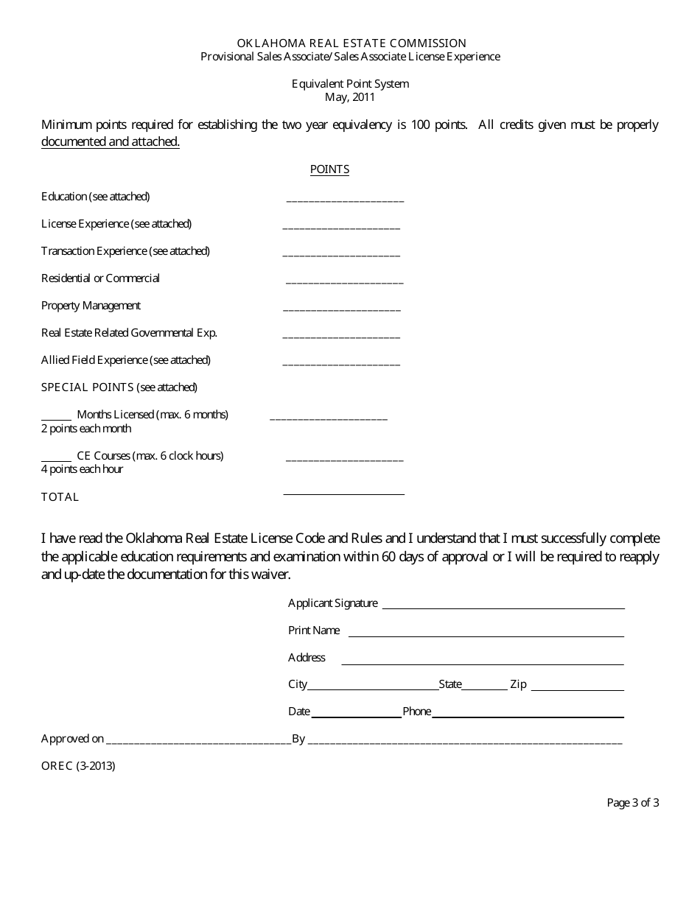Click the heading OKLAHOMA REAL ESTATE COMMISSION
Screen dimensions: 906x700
(351, 43)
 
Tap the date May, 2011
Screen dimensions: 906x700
(350, 96)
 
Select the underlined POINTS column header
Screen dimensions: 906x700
(329, 169)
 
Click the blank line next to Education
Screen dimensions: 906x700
(344, 200)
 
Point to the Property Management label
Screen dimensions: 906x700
(91, 306)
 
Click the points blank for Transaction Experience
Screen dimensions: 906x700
(341, 254)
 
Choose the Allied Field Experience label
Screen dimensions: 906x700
(126, 360)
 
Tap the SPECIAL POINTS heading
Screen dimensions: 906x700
(119, 387)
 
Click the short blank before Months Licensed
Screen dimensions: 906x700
(56, 417)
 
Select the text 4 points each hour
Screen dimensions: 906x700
(82, 469)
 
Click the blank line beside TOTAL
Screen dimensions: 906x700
(343, 494)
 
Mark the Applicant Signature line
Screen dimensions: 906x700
(503, 608)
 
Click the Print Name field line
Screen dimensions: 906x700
(486, 635)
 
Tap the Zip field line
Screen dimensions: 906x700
(577, 689)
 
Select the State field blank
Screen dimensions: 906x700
(485, 689)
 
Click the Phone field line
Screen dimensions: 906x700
(528, 716)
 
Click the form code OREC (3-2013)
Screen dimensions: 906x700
(78, 765)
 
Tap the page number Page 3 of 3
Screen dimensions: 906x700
(632, 803)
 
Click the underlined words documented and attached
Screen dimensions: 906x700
(111, 142)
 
